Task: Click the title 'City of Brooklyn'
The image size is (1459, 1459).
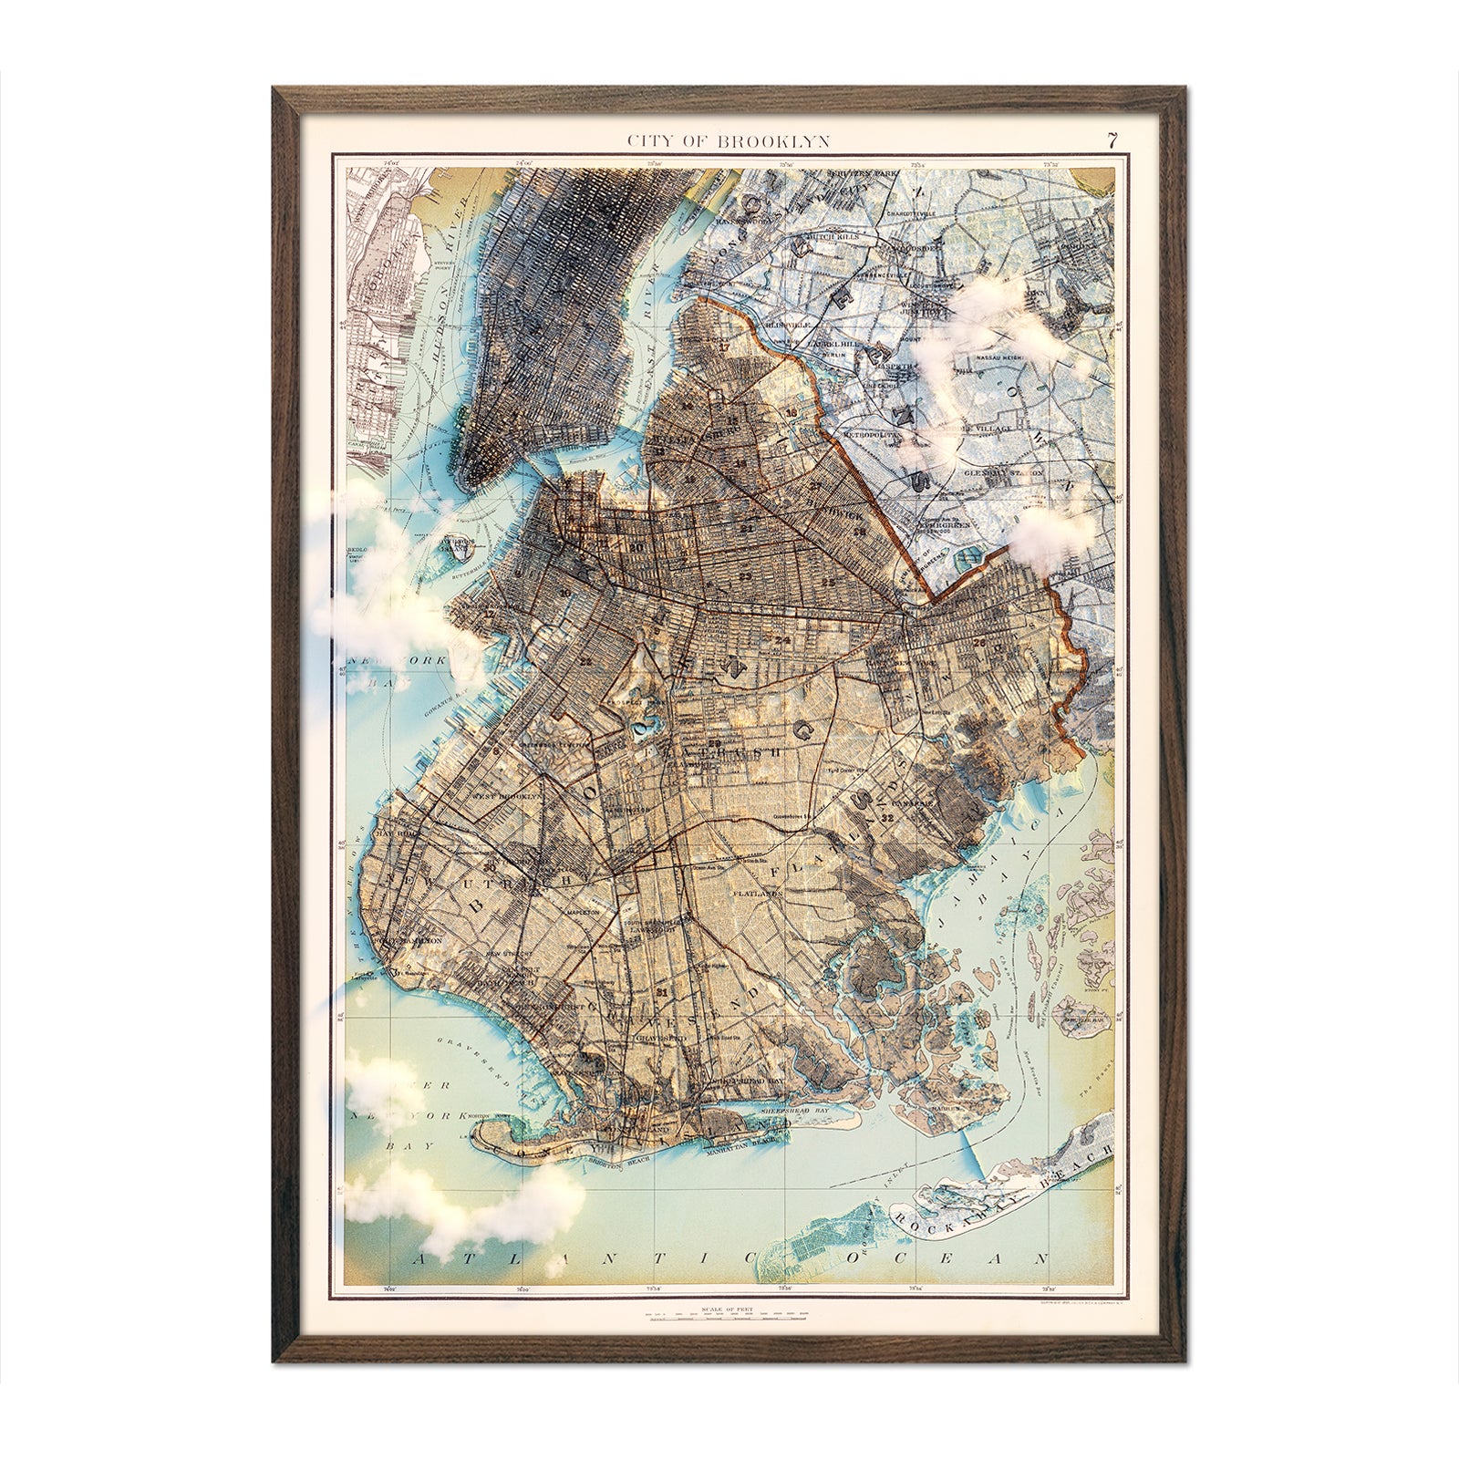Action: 727,140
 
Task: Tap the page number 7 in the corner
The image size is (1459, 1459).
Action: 1111,140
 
